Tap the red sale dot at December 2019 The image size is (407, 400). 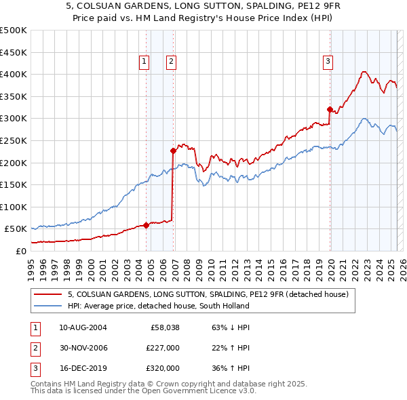point(330,109)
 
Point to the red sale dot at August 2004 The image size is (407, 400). point(146,226)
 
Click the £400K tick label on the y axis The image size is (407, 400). point(14,74)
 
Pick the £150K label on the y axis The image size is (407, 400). point(14,184)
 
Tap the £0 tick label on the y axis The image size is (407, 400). point(20,251)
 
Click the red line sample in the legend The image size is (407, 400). point(47,294)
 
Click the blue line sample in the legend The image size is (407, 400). point(47,306)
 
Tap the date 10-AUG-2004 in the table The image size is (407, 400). point(83,327)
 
